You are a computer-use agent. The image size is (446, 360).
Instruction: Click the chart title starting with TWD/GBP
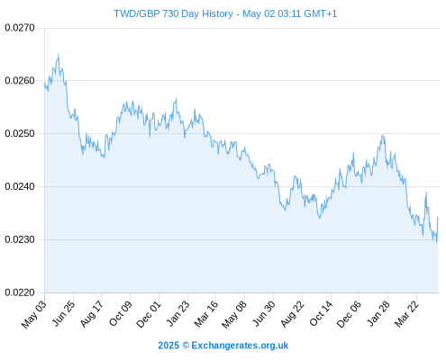pyautogui.click(x=225, y=13)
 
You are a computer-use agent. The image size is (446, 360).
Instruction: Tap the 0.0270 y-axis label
pyautogui.click(x=20, y=28)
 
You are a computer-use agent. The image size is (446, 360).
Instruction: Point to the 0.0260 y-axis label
pyautogui.click(x=20, y=80)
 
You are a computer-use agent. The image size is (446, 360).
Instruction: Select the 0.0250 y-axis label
pyautogui.click(x=20, y=133)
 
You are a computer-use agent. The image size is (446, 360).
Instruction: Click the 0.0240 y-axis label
pyautogui.click(x=20, y=186)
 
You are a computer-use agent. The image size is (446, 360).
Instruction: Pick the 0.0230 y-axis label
pyautogui.click(x=20, y=239)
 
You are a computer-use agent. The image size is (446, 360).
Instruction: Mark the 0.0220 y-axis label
pyautogui.click(x=20, y=292)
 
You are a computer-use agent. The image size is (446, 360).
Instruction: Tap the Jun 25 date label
pyautogui.click(x=64, y=313)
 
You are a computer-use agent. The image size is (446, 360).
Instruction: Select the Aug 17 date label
pyautogui.click(x=92, y=313)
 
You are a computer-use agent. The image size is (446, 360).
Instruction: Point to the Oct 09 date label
pyautogui.click(x=121, y=313)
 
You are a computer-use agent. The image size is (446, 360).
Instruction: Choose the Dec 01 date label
pyautogui.click(x=149, y=314)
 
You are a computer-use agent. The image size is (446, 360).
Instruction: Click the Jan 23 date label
pyautogui.click(x=178, y=313)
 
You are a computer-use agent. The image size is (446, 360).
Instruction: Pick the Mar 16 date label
pyautogui.click(x=205, y=313)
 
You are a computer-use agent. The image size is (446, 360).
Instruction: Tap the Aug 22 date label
pyautogui.click(x=292, y=313)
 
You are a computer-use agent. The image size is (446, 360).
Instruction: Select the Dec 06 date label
pyautogui.click(x=349, y=314)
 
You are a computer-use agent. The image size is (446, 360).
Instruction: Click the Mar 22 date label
pyautogui.click(x=406, y=313)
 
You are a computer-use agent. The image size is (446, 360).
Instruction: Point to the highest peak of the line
pyautogui.click(x=59, y=54)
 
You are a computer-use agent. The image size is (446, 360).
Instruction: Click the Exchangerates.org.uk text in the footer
pyautogui.click(x=240, y=346)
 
